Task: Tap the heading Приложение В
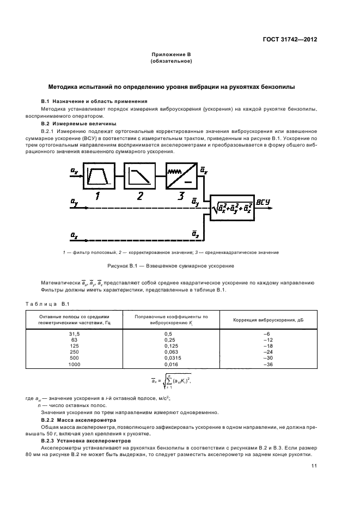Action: point(170,55)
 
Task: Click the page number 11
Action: point(314,465)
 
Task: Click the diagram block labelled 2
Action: point(139,177)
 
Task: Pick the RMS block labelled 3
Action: point(180,177)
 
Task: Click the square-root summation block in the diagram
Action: point(232,208)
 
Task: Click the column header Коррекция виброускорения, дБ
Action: point(267,319)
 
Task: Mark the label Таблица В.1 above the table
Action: point(45,303)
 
